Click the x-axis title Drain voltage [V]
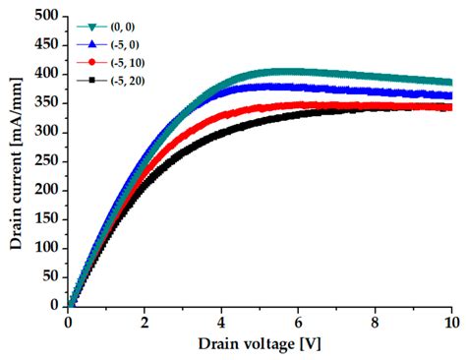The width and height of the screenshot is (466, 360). [x=259, y=344]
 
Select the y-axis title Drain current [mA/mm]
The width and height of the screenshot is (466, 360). [x=15, y=160]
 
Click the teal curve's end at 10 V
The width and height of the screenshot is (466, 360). [x=450, y=83]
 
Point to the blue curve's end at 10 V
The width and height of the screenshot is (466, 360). [x=450, y=95]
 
